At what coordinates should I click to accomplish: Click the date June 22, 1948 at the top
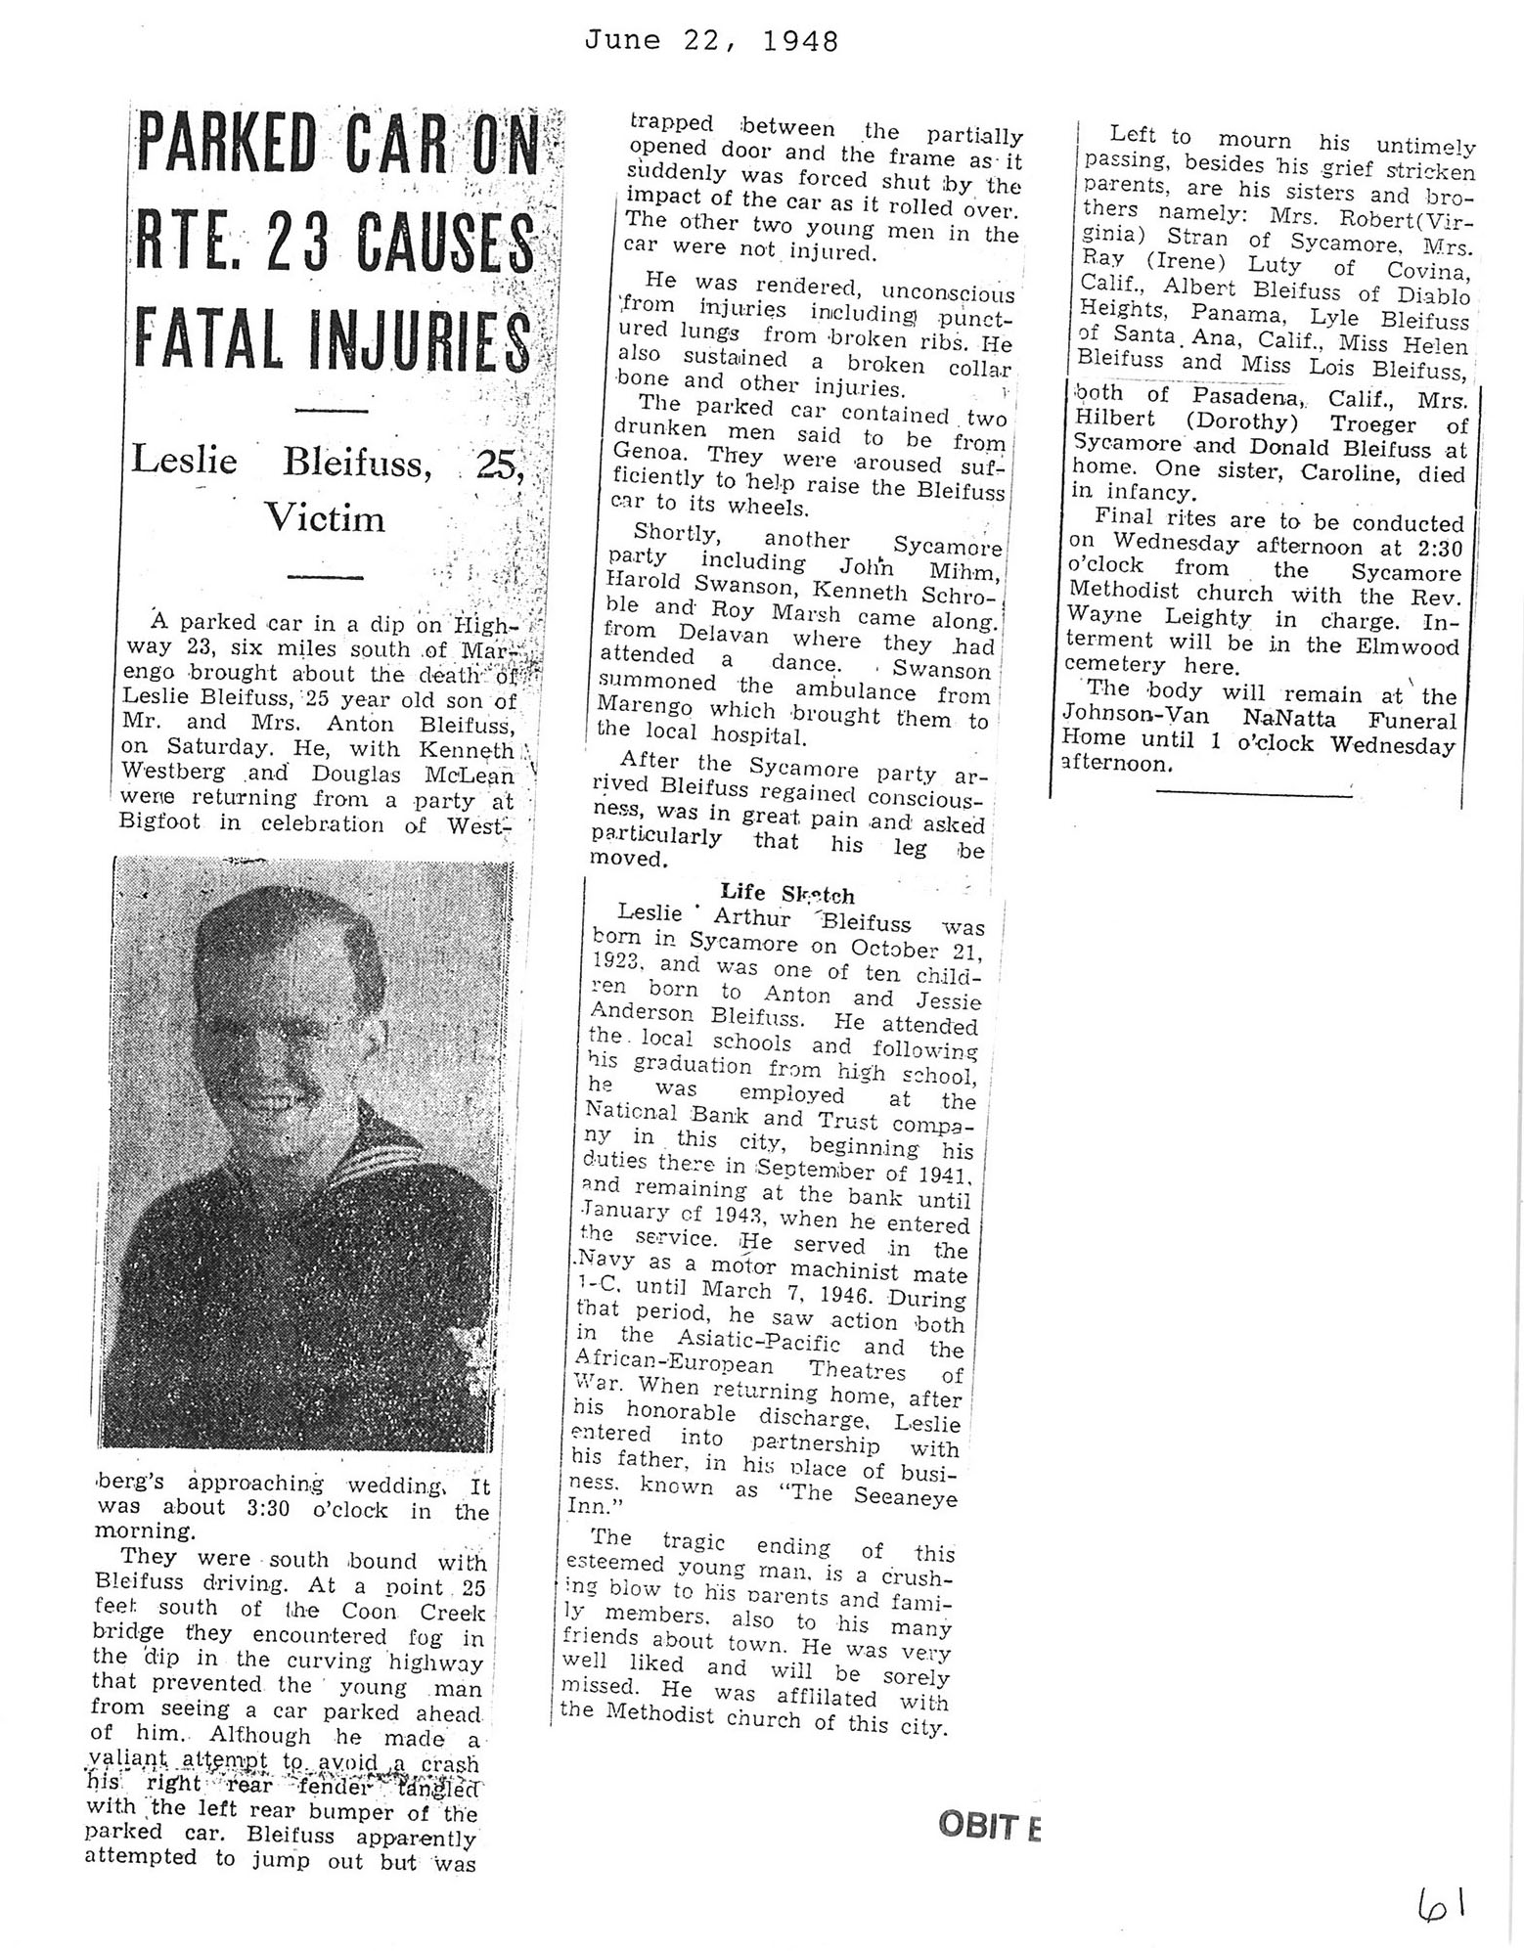tap(711, 41)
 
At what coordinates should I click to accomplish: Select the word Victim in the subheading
tap(326, 517)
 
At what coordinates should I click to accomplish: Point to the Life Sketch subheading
tap(786, 893)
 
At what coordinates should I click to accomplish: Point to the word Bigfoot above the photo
tap(159, 821)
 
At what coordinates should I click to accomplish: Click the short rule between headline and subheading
tap(331, 408)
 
